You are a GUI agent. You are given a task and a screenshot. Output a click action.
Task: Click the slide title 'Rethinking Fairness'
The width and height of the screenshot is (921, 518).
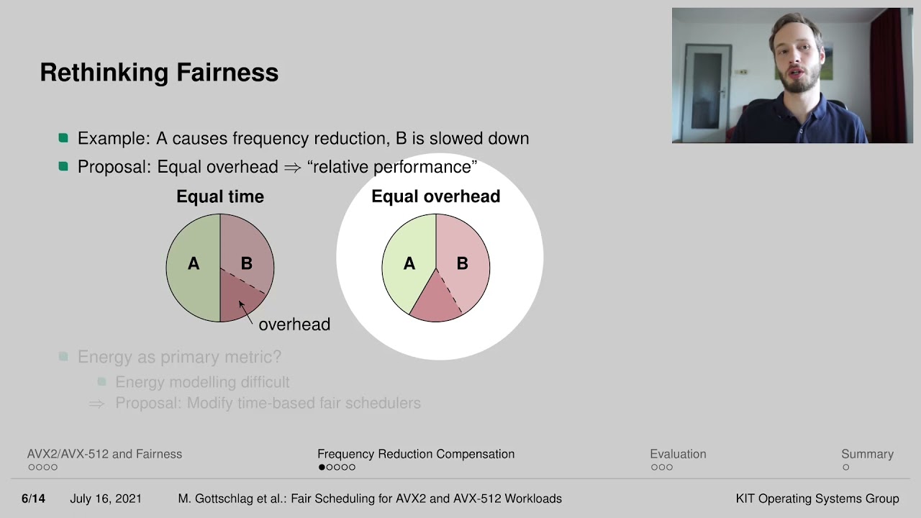coord(159,73)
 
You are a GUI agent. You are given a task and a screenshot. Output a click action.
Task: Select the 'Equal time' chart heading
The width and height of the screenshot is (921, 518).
coord(220,196)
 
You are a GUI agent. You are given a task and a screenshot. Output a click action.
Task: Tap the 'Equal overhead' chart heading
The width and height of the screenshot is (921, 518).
coord(436,196)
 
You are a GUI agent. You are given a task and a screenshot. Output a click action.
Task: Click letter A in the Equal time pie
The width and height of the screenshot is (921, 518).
coord(194,263)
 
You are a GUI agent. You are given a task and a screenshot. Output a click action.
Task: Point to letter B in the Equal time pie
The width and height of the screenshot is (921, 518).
coord(247,263)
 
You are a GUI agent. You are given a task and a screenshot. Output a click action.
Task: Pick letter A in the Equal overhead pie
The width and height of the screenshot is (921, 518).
coord(409,263)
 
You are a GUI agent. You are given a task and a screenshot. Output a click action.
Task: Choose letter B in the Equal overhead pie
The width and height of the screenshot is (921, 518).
coord(462,263)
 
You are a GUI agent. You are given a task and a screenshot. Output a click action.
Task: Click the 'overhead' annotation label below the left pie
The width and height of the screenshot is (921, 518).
coord(294,324)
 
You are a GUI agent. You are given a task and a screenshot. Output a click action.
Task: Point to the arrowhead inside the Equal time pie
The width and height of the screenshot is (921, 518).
coord(241,304)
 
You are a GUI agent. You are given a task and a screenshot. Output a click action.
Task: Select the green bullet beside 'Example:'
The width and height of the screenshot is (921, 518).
coord(63,137)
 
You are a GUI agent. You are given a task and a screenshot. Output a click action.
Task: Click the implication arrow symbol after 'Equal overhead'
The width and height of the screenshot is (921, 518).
coord(292,168)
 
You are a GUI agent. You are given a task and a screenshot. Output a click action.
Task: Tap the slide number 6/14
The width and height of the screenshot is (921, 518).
coord(33,499)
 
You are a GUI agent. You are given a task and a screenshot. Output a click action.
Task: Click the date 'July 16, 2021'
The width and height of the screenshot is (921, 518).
coord(106,499)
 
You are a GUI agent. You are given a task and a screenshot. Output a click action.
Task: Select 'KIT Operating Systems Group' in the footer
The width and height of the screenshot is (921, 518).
coord(817,499)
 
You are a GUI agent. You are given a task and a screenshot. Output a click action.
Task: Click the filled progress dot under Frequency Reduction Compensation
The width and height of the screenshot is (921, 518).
coord(322,467)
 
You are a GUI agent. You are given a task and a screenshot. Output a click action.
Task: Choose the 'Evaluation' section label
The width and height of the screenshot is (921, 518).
coord(678,454)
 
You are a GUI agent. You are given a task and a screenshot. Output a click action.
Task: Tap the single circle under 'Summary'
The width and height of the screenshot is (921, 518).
coord(845,467)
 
